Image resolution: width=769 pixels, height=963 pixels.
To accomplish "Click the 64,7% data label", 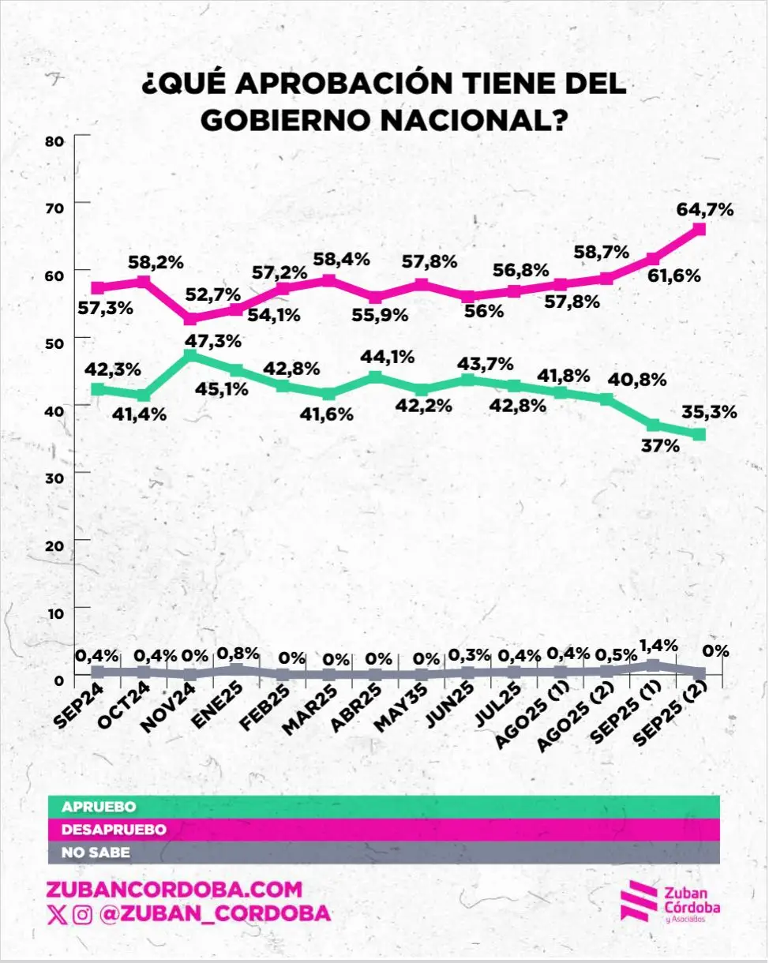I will coord(706,210).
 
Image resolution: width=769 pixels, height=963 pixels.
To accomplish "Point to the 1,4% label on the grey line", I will coord(658,645).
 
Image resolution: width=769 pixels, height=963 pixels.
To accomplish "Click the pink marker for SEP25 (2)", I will coord(699,230).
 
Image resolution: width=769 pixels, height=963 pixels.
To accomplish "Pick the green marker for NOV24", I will coord(190,356).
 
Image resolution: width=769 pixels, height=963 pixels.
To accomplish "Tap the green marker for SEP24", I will coord(98,388).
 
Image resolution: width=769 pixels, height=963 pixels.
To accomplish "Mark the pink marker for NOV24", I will coord(190,319).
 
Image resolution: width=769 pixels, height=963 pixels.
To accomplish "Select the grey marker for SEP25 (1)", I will coord(653,665).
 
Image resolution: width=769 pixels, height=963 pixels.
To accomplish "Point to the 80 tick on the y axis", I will coord(54,141).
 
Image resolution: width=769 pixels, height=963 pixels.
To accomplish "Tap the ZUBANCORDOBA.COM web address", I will coord(175,890).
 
